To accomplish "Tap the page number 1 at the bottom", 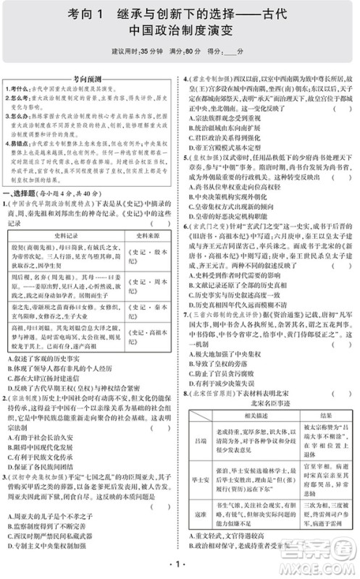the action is (x=180, y=565).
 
